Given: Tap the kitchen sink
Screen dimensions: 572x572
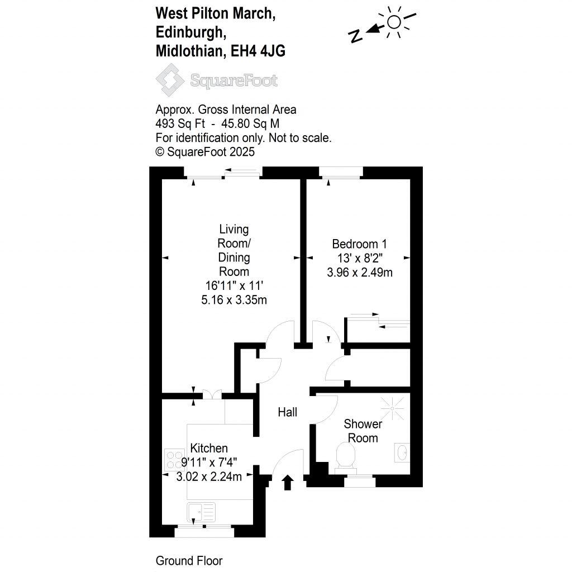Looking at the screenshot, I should pyautogui.click(x=202, y=511).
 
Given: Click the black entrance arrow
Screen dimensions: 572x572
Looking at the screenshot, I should pyautogui.click(x=288, y=482).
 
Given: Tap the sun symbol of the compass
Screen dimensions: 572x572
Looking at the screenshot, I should pyautogui.click(x=394, y=22).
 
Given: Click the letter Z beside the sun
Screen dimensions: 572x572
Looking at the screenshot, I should pyautogui.click(x=354, y=37).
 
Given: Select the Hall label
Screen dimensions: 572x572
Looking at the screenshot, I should pyautogui.click(x=288, y=412).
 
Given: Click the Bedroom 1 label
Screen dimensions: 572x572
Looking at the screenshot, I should pyautogui.click(x=359, y=244).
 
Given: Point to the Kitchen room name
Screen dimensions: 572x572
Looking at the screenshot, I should pyautogui.click(x=209, y=448).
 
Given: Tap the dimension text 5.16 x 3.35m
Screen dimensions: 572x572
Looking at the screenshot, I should pyautogui.click(x=233, y=301).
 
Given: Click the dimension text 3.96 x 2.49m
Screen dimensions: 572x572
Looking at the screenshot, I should pyautogui.click(x=359, y=273).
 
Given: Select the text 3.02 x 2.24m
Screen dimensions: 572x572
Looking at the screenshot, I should pyautogui.click(x=209, y=476).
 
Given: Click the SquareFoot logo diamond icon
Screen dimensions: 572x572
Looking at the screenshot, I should pyautogui.click(x=170, y=80).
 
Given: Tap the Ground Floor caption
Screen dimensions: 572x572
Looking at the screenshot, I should pyautogui.click(x=189, y=561).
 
